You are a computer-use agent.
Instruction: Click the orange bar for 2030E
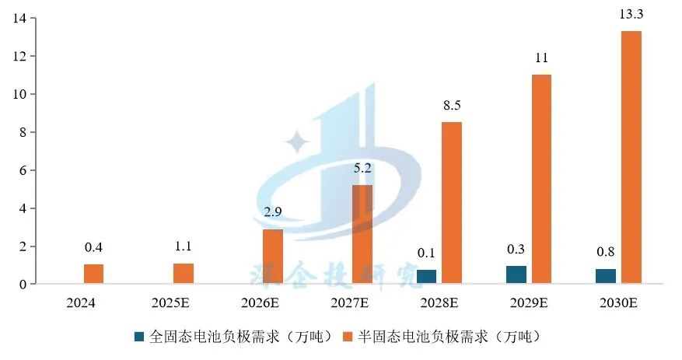click(x=631, y=157)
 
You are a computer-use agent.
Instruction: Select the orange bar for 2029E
click(x=541, y=179)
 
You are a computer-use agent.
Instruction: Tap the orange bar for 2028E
click(x=452, y=202)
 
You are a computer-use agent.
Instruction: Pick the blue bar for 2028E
click(x=425, y=276)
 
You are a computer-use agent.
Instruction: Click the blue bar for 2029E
click(x=516, y=274)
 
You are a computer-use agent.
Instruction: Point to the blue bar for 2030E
click(x=605, y=276)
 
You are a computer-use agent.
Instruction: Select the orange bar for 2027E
click(x=362, y=234)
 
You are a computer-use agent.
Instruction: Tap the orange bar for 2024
click(x=93, y=274)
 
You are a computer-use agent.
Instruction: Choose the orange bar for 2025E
click(x=184, y=274)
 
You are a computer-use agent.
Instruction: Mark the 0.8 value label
click(x=605, y=253)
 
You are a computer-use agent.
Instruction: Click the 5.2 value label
click(x=362, y=168)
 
